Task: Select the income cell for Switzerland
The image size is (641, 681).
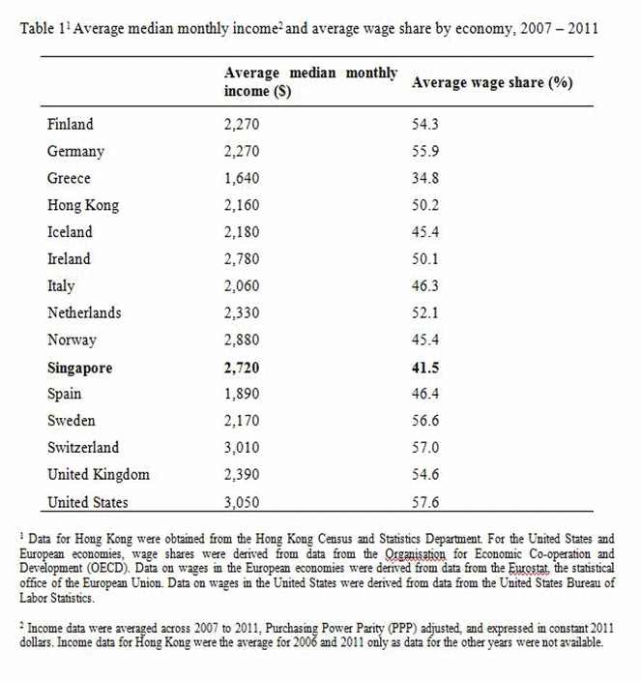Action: point(243,448)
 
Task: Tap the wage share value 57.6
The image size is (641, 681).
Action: point(426,502)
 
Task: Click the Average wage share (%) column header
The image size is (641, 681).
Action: point(492,82)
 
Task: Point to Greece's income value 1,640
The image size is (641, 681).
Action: point(242,178)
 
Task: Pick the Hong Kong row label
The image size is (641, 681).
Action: point(83,205)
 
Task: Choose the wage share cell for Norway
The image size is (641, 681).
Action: point(426,340)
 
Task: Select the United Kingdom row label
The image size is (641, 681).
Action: point(99,475)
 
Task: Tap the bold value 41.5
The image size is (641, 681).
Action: point(426,368)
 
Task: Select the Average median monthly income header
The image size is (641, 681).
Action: point(309,82)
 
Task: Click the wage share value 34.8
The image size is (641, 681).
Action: point(426,178)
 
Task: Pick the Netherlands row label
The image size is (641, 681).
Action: point(84,312)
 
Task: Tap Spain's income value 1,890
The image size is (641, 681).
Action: point(242,394)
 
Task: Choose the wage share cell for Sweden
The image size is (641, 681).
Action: point(426,421)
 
